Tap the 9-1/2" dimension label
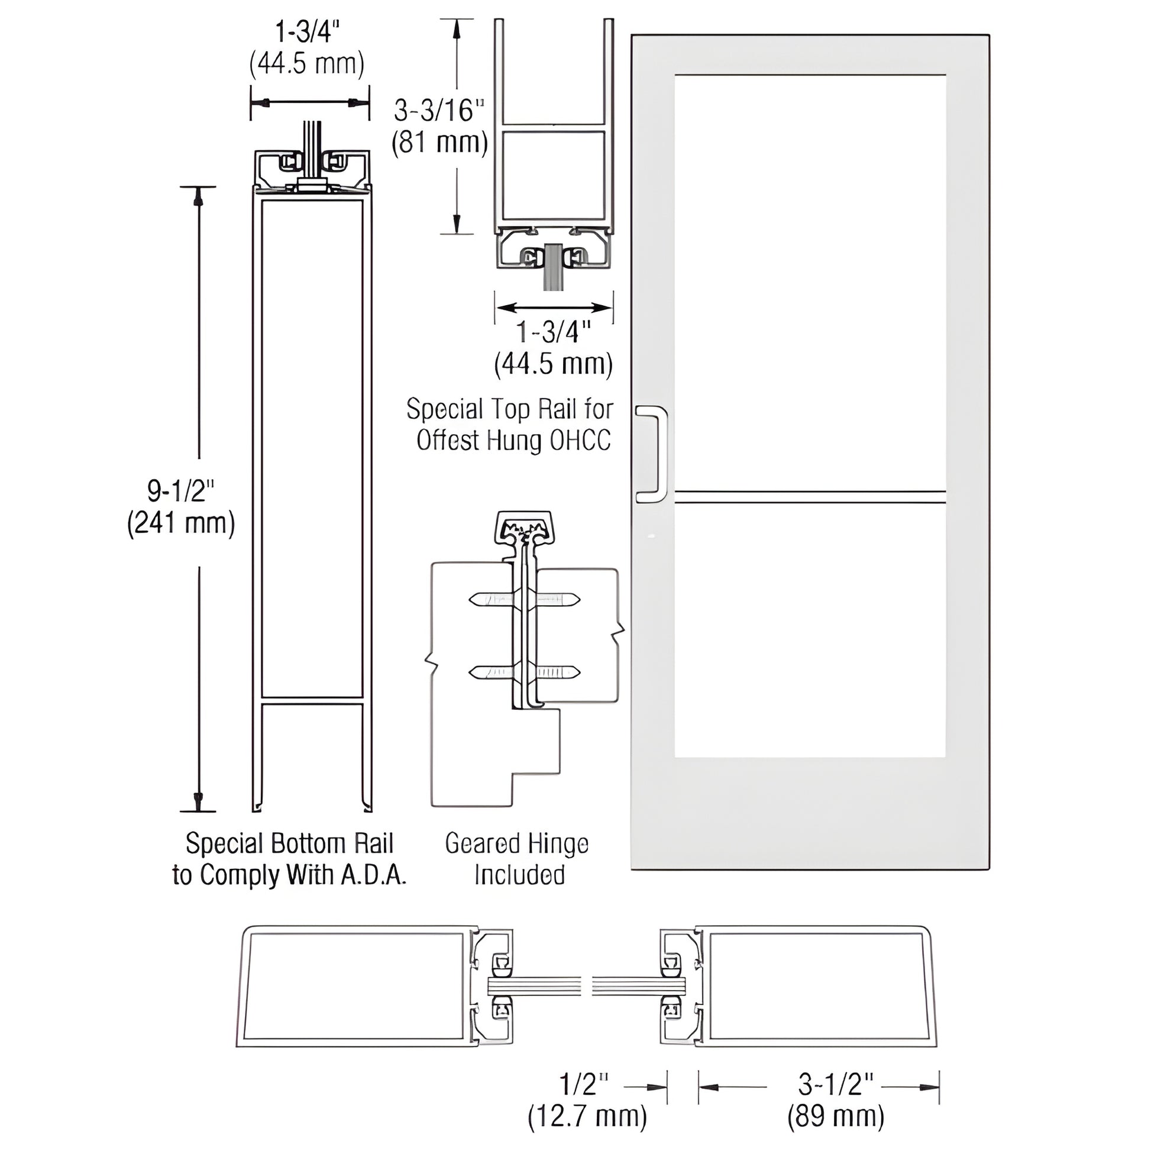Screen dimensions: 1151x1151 click(x=180, y=490)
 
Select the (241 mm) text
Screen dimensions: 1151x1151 click(x=181, y=523)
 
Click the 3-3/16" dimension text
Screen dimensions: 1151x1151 click(x=439, y=110)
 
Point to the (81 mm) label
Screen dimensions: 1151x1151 click(x=439, y=143)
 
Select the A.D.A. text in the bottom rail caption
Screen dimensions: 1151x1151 click(x=374, y=875)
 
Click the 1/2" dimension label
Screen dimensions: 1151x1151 click(x=584, y=1085)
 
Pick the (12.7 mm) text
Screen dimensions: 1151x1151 click(x=587, y=1117)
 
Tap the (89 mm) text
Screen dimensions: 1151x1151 click(x=836, y=1117)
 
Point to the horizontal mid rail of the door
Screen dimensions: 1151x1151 click(x=810, y=497)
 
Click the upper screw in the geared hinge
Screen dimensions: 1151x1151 click(x=524, y=599)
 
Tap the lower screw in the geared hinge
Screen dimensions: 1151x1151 click(x=524, y=673)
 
